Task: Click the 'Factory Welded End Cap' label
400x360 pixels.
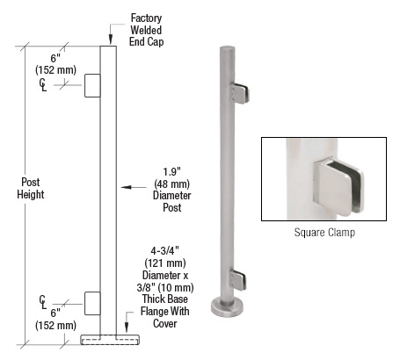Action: [146, 30]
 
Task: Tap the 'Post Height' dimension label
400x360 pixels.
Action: [31, 188]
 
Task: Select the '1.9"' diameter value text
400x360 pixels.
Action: [171, 172]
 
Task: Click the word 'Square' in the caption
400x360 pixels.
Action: [308, 233]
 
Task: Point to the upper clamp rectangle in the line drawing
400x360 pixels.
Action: [92, 85]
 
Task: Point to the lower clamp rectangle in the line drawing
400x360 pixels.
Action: [92, 304]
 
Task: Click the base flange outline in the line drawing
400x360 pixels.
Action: [110, 340]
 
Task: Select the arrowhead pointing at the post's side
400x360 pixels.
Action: [126, 187]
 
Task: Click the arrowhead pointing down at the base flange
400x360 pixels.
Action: [127, 327]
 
